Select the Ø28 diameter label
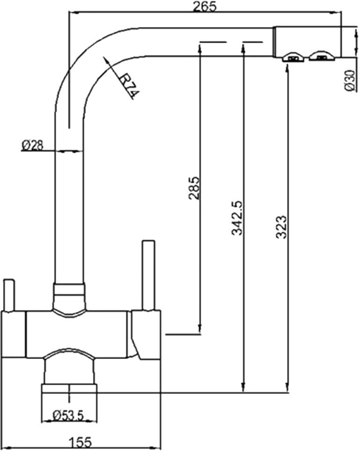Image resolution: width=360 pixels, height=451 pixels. pyautogui.click(x=32, y=145)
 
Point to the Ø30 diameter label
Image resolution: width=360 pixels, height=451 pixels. pyautogui.click(x=350, y=80)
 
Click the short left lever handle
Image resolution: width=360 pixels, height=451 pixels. pyautogui.click(x=8, y=294)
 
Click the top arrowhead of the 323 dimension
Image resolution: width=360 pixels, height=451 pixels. pyautogui.click(x=287, y=66)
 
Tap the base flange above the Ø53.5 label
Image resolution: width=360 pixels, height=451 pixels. pyautogui.click(x=69, y=389)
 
